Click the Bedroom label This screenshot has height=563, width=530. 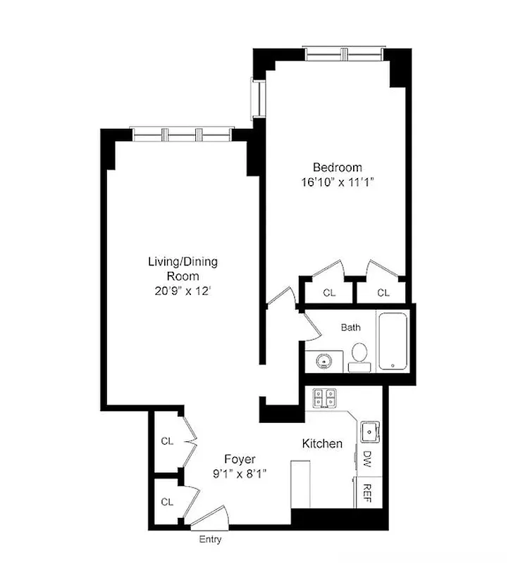(x=337, y=167)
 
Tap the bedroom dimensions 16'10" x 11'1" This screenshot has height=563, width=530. (x=337, y=182)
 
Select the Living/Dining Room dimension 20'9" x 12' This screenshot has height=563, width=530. (x=183, y=290)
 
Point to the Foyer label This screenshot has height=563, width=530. (x=240, y=460)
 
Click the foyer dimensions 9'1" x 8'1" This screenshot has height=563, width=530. (x=240, y=474)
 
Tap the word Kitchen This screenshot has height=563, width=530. (x=322, y=444)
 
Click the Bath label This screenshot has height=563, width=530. (x=351, y=327)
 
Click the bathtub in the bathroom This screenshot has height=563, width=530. (x=395, y=341)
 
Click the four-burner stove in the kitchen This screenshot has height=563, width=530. (x=324, y=398)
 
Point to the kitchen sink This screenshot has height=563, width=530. (x=369, y=429)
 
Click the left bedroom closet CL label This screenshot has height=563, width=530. (x=329, y=293)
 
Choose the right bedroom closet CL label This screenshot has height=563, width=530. (x=383, y=293)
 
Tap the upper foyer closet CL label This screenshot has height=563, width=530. (x=167, y=441)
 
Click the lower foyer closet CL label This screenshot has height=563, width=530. (x=167, y=502)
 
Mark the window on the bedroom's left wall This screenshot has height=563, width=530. (x=258, y=98)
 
